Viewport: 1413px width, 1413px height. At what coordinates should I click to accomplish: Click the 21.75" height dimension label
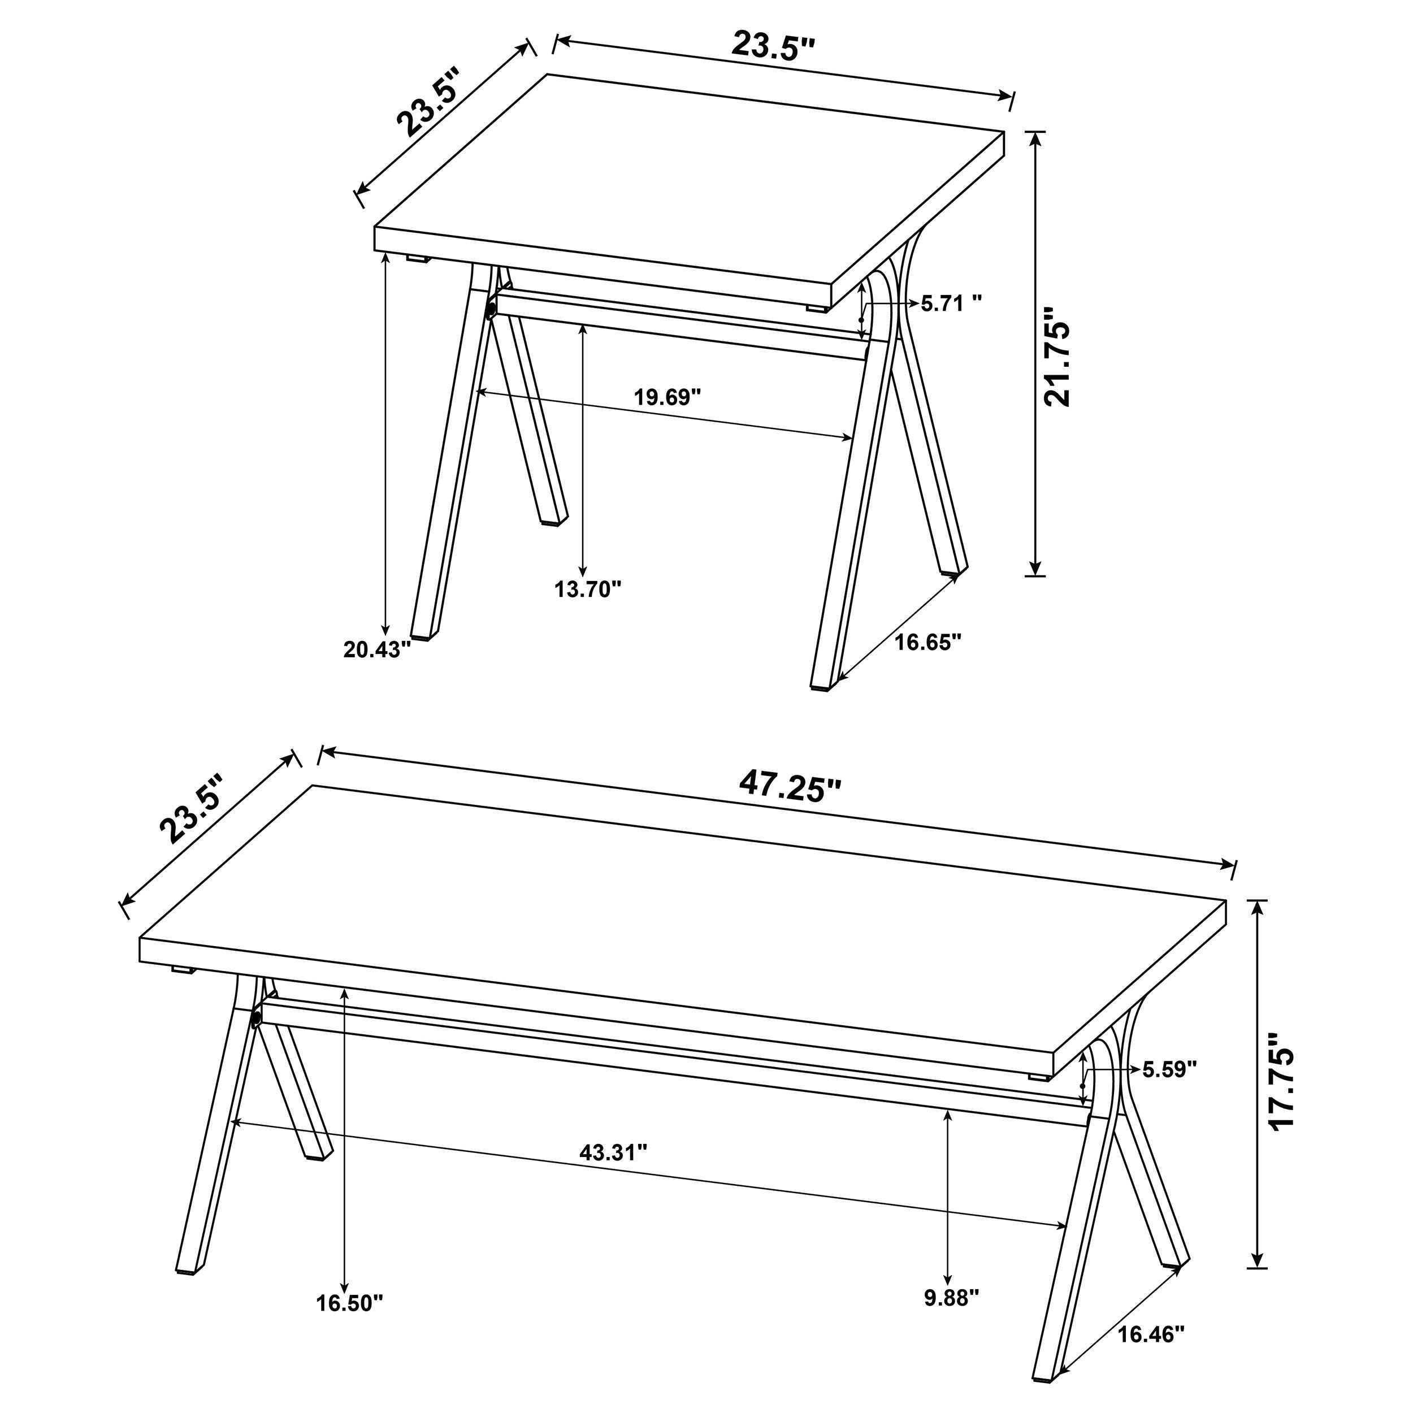click(x=1057, y=356)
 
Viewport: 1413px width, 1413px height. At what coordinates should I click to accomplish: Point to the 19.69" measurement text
click(x=667, y=398)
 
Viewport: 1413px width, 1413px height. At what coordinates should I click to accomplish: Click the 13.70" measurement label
click(x=587, y=589)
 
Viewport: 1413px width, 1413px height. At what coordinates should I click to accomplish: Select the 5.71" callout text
click(x=950, y=303)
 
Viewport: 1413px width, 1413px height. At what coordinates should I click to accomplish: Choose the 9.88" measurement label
click(x=951, y=1298)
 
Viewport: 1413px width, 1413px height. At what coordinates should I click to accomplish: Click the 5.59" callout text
click(x=1169, y=1070)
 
